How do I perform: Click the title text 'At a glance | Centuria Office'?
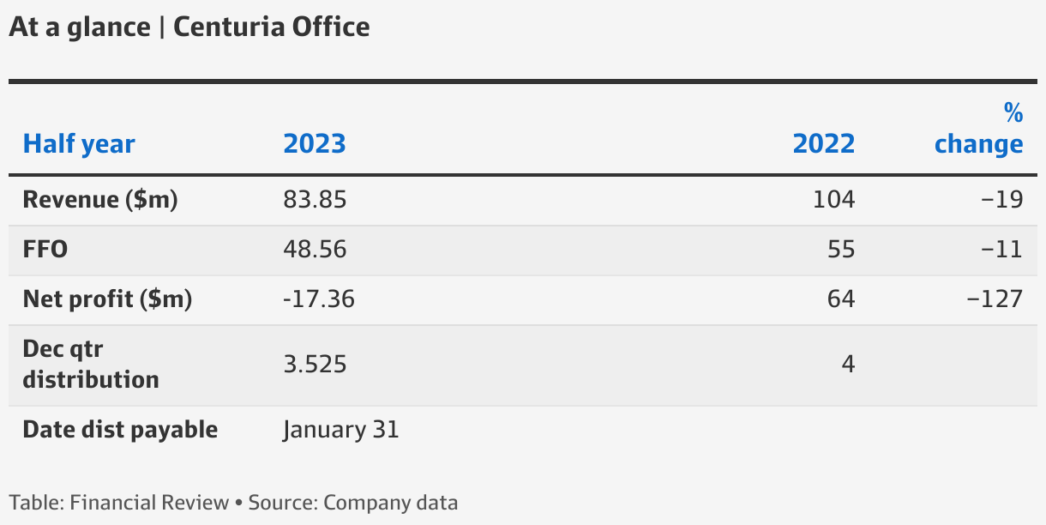pos(189,27)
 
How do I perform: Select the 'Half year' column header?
pos(79,143)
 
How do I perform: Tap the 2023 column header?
pos(315,143)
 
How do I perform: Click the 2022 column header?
pos(824,143)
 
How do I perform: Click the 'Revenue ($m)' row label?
pos(100,200)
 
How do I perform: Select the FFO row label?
pos(45,250)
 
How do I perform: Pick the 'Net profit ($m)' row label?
pos(107,299)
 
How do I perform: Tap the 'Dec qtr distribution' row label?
pos(91,365)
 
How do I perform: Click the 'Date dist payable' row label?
pos(120,429)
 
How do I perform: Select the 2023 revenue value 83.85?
pos(315,200)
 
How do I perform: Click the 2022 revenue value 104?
pos(834,200)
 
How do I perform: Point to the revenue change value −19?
pos(1002,200)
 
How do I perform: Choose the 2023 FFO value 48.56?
pos(315,250)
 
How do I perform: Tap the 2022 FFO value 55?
pos(841,250)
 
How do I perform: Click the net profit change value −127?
pos(995,299)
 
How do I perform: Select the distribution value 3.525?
pos(315,365)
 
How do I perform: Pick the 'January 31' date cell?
pos(341,429)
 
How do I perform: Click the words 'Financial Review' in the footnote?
pos(149,503)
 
